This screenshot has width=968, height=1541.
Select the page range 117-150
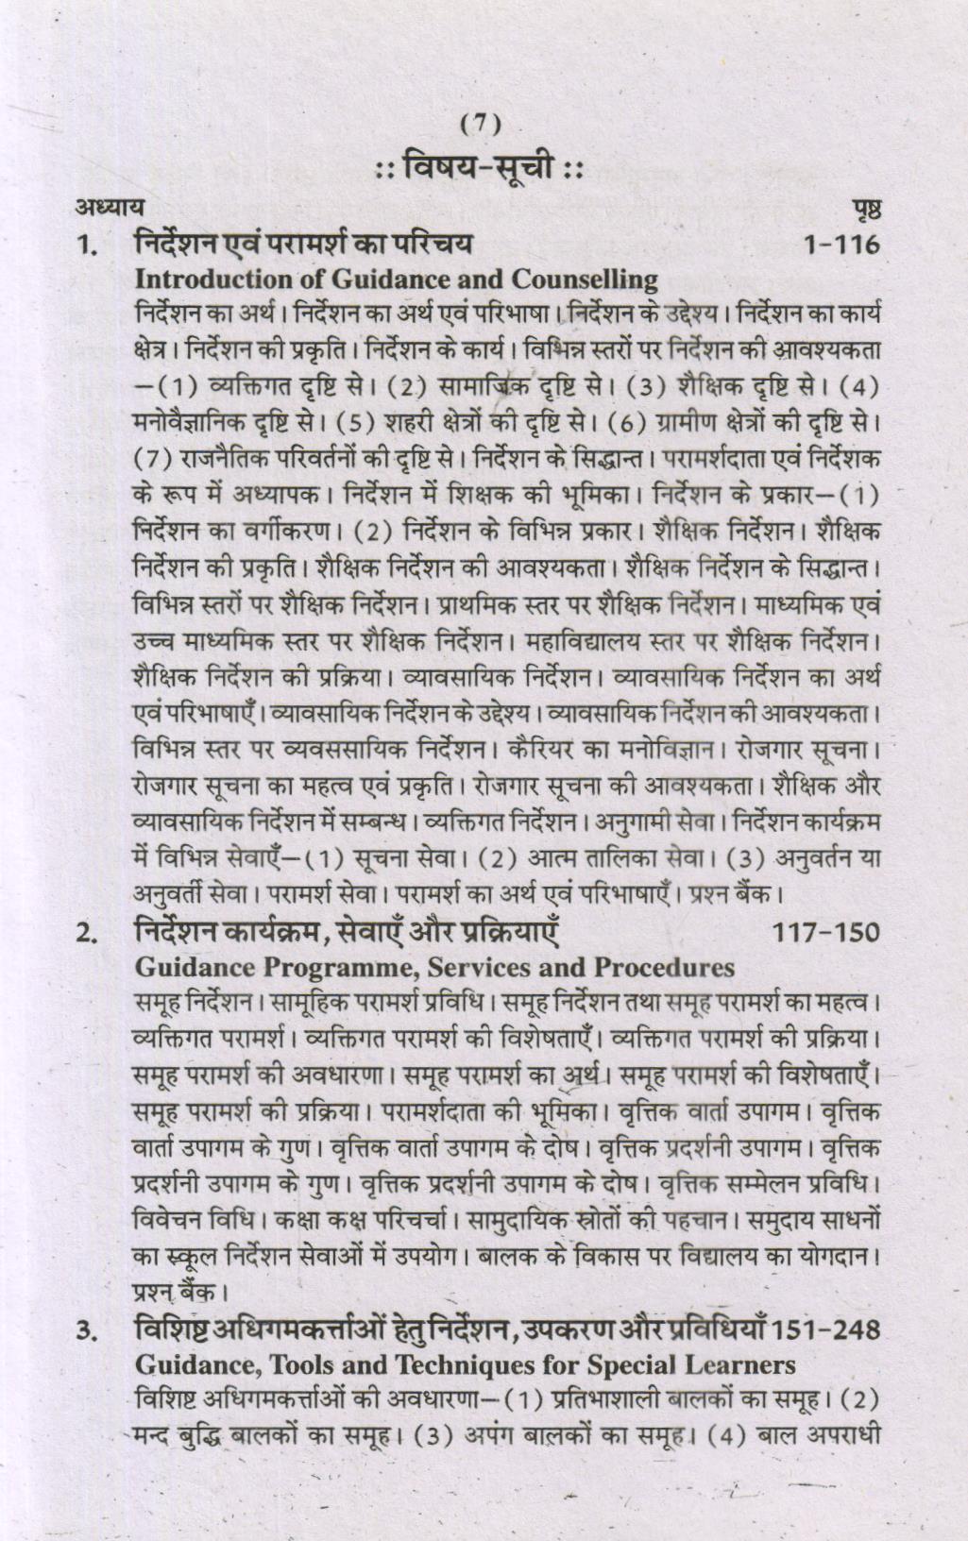825,933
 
